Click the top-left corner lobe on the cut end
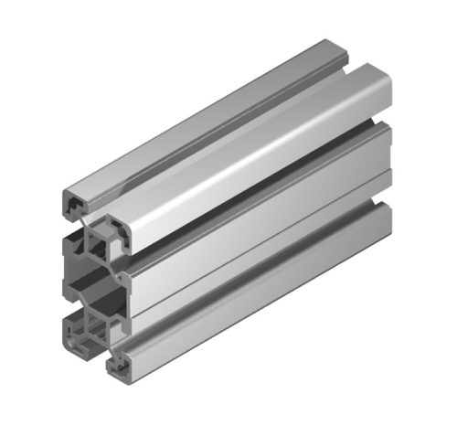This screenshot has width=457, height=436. (73, 204)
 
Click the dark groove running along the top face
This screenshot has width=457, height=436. (219, 137)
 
